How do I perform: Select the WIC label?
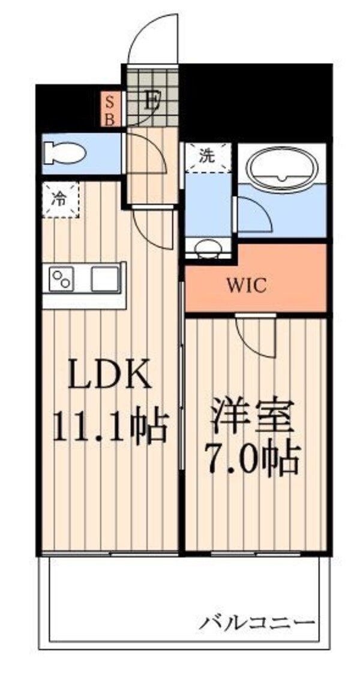tap(254, 286)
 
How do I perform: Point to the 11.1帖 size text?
tap(109, 426)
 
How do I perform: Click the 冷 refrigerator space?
tap(60, 199)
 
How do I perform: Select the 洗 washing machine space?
tap(207, 158)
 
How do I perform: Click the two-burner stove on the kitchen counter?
tap(62, 279)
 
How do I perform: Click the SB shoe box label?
tap(110, 109)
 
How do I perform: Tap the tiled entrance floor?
tap(151, 96)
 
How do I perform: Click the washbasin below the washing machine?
tap(207, 248)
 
